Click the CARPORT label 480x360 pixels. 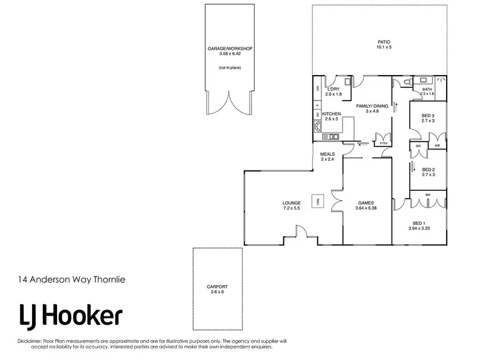click(217, 286)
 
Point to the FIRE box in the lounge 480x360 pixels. click(316, 201)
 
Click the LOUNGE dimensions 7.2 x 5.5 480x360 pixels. click(291, 208)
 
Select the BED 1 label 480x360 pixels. click(420, 223)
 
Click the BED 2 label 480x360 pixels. click(428, 170)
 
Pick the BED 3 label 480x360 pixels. click(428, 115)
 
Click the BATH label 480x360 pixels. click(428, 89)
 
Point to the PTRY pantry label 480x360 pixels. click(383, 143)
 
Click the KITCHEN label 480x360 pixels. click(332, 114)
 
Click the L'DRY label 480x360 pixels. click(333, 89)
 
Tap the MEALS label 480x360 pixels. click(328, 154)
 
